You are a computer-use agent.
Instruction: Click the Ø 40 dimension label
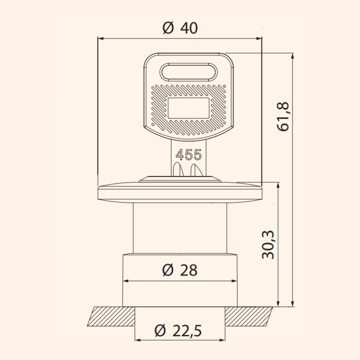(x=180, y=28)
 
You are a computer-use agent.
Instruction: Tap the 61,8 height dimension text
(x=283, y=117)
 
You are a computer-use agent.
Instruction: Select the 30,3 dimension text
(x=268, y=244)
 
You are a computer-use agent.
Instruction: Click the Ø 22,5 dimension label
(x=178, y=331)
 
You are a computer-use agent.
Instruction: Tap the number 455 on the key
(x=189, y=154)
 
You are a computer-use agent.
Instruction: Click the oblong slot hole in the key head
(x=189, y=72)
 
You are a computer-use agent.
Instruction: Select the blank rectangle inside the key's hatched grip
(x=189, y=108)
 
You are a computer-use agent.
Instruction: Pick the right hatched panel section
(x=249, y=316)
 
